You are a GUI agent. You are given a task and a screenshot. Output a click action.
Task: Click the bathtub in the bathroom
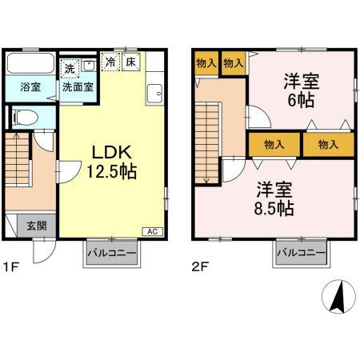pyautogui.click(x=30, y=63)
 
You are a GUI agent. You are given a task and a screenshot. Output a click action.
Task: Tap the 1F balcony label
pyautogui.click(x=110, y=254)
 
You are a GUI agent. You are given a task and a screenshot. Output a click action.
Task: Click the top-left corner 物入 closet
pyautogui.click(x=206, y=62)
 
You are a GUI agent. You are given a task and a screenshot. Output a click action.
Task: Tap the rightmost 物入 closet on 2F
pyautogui.click(x=328, y=145)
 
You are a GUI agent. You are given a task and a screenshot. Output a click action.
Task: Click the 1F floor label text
pyautogui.click(x=12, y=269)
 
